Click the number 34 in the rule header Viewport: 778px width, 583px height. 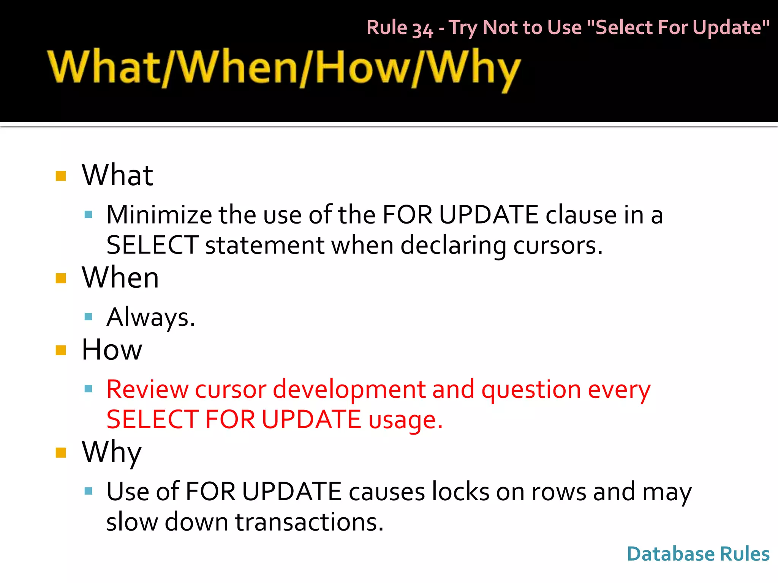point(422,29)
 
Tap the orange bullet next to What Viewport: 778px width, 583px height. point(61,176)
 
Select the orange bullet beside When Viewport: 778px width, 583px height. point(61,278)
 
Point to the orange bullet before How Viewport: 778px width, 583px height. point(61,350)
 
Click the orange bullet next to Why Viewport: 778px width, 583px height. point(61,452)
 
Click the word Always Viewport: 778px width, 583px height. point(150,317)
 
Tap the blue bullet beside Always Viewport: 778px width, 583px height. point(89,317)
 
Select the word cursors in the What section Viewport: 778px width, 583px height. point(557,245)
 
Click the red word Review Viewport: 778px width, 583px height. point(147,389)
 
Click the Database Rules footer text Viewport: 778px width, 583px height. point(698,554)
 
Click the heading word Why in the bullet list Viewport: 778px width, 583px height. point(112,452)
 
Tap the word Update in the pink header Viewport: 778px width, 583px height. point(729,27)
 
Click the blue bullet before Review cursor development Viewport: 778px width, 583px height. point(89,389)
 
